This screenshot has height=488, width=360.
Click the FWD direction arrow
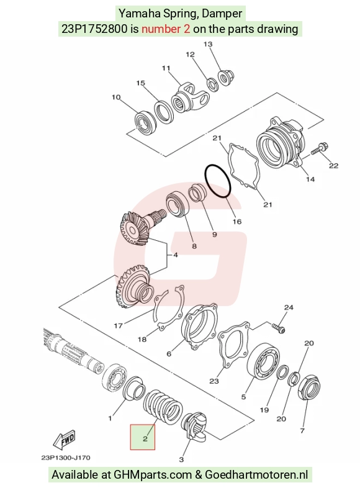(65, 440)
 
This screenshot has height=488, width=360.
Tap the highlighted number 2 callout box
(143, 437)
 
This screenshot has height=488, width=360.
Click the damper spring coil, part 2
(163, 407)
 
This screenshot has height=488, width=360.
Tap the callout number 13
(208, 44)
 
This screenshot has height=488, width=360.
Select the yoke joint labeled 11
(190, 98)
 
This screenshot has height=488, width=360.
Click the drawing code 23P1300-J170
(66, 458)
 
